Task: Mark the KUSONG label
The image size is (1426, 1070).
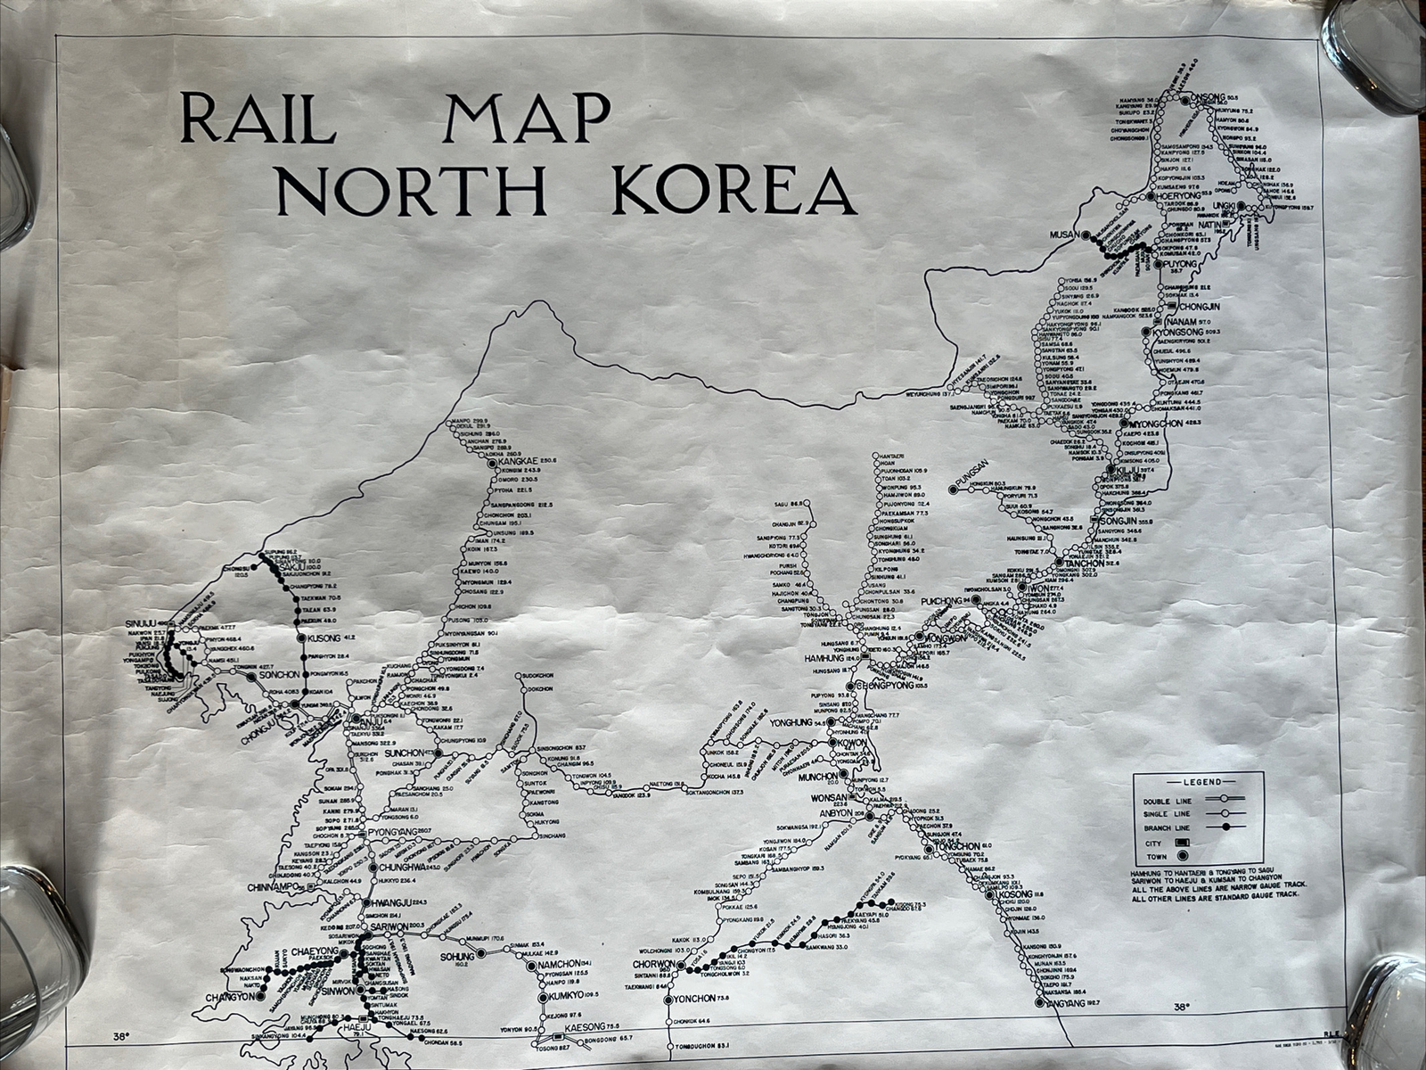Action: click(321, 638)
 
